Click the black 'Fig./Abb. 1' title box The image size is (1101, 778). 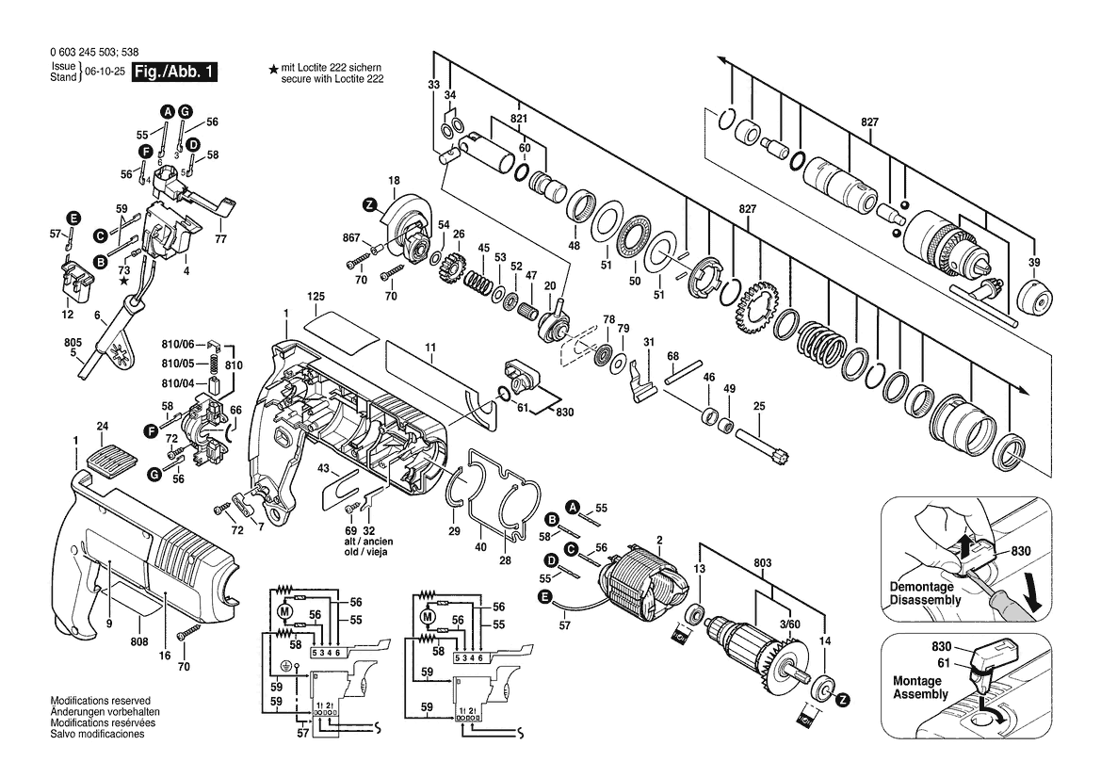pos(175,72)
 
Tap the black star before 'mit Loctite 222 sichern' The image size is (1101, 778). pos(273,70)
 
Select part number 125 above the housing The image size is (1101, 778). pos(316,297)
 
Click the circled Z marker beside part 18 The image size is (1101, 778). pos(369,205)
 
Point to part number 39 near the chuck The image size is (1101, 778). pos(1034,263)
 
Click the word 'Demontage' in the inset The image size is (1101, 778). pos(921,587)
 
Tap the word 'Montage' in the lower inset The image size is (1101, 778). pos(916,681)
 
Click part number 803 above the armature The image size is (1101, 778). pos(762,563)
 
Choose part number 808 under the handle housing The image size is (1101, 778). pos(139,641)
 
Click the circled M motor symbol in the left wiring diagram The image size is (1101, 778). pos(285,611)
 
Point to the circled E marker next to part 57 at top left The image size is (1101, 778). pos(73,218)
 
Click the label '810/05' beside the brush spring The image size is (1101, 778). pos(178,364)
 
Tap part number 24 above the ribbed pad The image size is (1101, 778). pos(103,427)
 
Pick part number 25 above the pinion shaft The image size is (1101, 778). pos(759,406)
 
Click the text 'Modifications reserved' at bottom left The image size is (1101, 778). pos(101,701)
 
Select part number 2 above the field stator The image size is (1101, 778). pos(659,540)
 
